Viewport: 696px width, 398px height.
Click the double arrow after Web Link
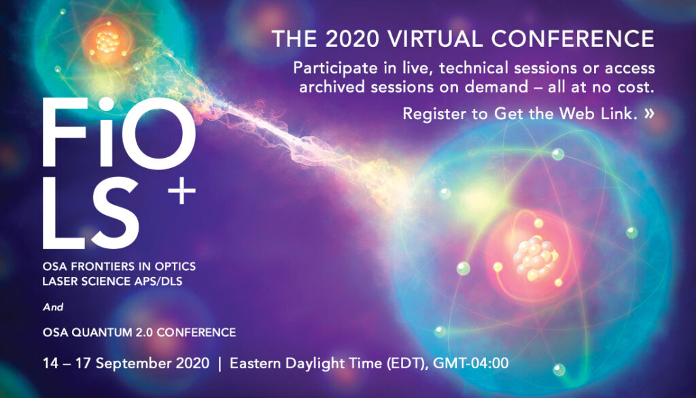pyautogui.click(x=649, y=114)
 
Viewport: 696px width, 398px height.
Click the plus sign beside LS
pyautogui.click(x=181, y=190)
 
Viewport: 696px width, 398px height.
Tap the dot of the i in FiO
pyautogui.click(x=106, y=103)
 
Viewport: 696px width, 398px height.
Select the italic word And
pyautogui.click(x=53, y=307)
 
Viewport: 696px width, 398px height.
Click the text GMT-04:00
pyautogui.click(x=470, y=363)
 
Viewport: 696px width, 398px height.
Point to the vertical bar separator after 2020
pyautogui.click(x=220, y=364)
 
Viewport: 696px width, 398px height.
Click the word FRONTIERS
pyautogui.click(x=97, y=267)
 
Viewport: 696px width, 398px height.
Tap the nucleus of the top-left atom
pyautogui.click(x=107, y=42)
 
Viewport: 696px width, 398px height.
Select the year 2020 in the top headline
pyautogui.click(x=351, y=39)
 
